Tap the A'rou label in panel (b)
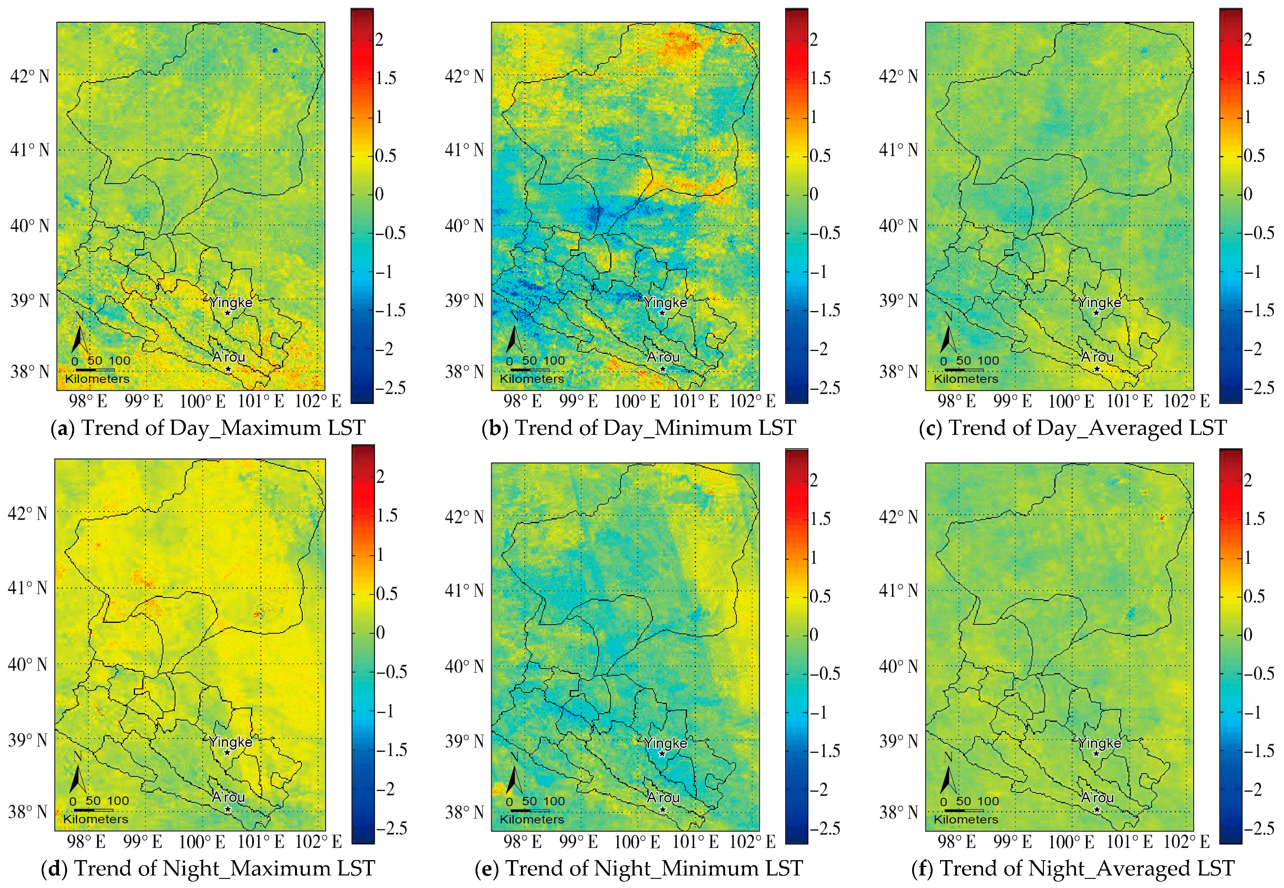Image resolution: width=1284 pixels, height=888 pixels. click(x=663, y=357)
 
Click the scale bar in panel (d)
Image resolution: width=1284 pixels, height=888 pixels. click(x=93, y=810)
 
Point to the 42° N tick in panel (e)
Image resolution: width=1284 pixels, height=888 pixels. click(x=464, y=517)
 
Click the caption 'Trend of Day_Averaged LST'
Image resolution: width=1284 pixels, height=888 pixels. click(x=1087, y=428)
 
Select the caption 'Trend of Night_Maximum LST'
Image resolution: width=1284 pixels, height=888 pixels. click(x=225, y=869)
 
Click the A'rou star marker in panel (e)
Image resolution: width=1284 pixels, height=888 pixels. click(x=662, y=810)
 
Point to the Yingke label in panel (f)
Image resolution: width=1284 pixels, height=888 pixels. click(x=1099, y=743)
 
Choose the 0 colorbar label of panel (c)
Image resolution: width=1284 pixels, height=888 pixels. click(x=1248, y=194)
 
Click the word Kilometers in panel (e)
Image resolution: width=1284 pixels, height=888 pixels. click(x=531, y=820)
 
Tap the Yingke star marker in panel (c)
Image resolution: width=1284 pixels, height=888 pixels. click(x=1096, y=313)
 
